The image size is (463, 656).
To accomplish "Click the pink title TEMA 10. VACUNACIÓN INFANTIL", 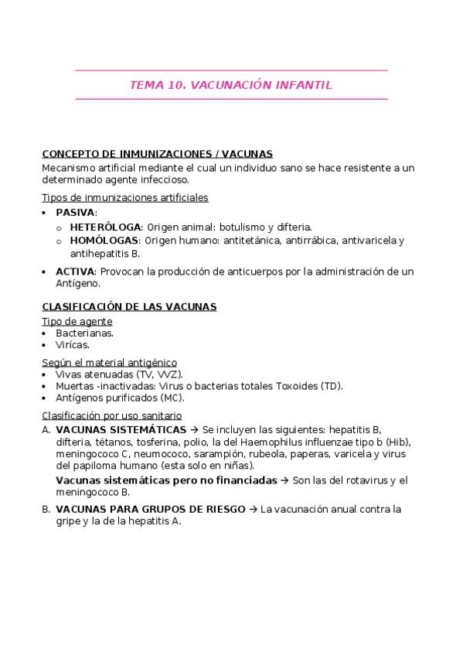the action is coord(231,85).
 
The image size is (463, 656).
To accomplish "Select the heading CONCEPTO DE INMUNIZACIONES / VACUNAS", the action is coord(157,154).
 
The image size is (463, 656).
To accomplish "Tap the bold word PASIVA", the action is coord(75,212).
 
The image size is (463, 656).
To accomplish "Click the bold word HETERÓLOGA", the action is coord(105,227).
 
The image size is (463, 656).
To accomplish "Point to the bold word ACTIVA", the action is coord(74,271).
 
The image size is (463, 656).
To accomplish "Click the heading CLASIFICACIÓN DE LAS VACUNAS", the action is coord(129,306).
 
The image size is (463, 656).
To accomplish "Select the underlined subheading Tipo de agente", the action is coord(77,321).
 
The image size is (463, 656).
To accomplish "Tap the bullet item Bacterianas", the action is coord(84,333).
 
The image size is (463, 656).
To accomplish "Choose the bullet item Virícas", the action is coord(73,345).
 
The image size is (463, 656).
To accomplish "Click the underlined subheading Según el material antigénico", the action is coord(109,362).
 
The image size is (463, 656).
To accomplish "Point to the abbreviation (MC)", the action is coord(172,398).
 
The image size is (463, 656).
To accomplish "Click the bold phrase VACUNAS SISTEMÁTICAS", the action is coord(121,429).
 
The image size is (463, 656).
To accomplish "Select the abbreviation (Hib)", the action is coord(397,442).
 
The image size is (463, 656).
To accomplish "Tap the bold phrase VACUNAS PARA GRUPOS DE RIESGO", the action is coord(149,509).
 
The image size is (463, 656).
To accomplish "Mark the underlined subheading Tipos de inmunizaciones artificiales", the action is coord(124,197).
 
